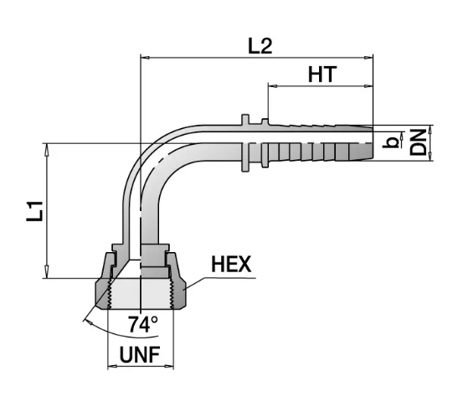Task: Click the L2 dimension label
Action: point(260,46)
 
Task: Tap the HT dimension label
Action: point(322,75)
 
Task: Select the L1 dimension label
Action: point(34,211)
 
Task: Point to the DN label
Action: point(419,142)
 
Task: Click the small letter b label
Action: point(390,142)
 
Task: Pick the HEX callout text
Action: point(231,264)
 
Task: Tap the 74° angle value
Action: point(143,324)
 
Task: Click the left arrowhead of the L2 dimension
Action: point(145,58)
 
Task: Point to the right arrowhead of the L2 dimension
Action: point(368,58)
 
